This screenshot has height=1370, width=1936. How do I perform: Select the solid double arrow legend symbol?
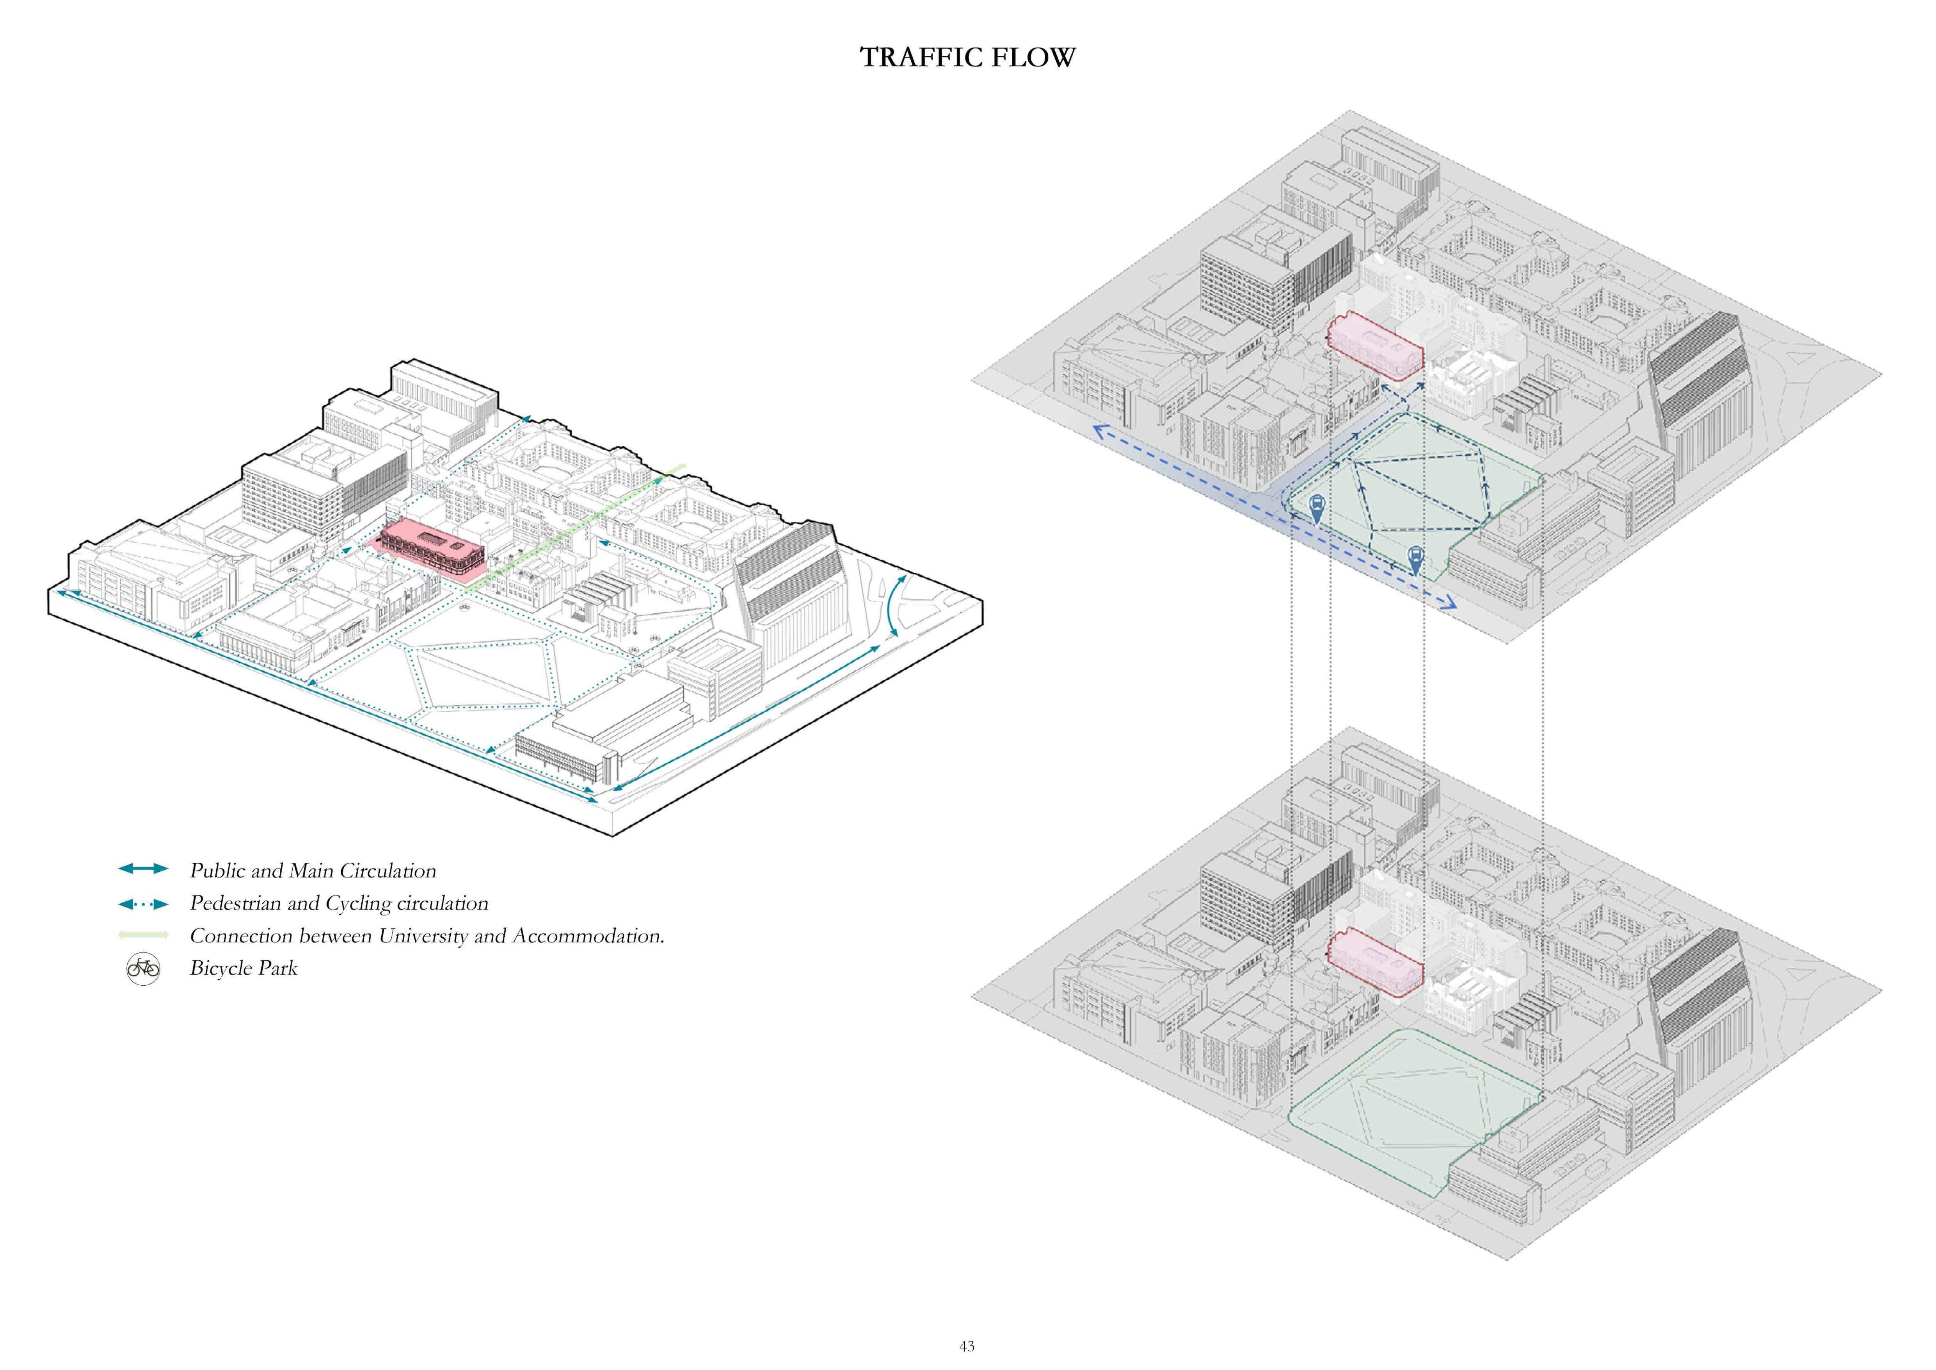[143, 869]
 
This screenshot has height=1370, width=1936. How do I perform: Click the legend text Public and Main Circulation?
[313, 871]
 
